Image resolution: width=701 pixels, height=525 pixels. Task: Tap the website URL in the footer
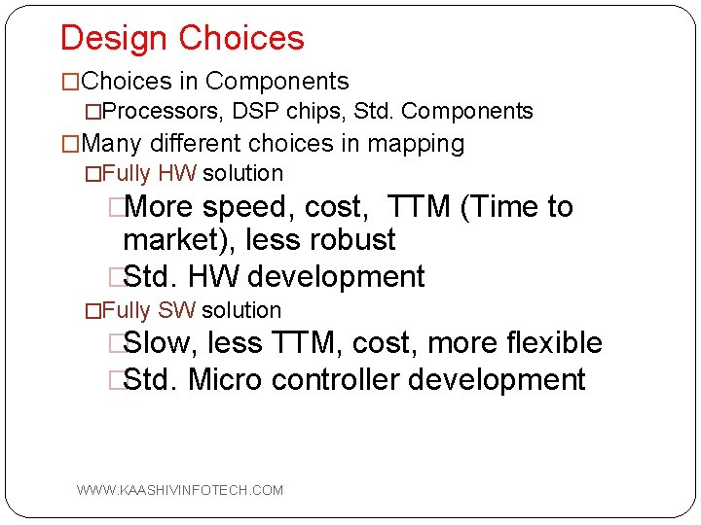(x=180, y=490)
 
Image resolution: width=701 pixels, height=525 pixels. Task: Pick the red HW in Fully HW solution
(x=177, y=174)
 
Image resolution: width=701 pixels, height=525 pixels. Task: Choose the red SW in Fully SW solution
(x=177, y=311)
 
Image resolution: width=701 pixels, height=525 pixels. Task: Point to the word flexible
(x=555, y=343)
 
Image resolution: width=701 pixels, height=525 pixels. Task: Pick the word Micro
(x=226, y=380)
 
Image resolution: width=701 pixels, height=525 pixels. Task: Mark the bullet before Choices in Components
(x=70, y=82)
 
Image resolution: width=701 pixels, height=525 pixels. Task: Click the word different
(x=195, y=144)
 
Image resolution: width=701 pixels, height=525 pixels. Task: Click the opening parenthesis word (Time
(x=507, y=207)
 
